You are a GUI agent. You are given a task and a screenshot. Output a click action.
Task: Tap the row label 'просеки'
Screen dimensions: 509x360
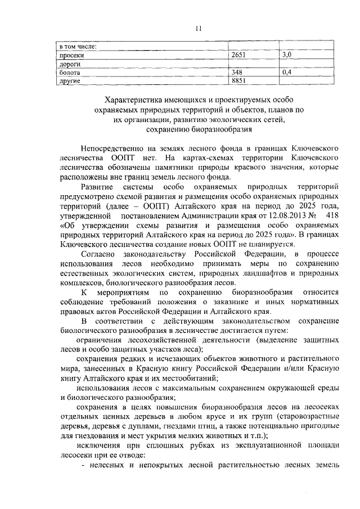[x=71, y=56]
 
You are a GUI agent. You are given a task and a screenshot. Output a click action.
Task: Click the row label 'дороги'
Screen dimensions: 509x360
[x=70, y=64]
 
